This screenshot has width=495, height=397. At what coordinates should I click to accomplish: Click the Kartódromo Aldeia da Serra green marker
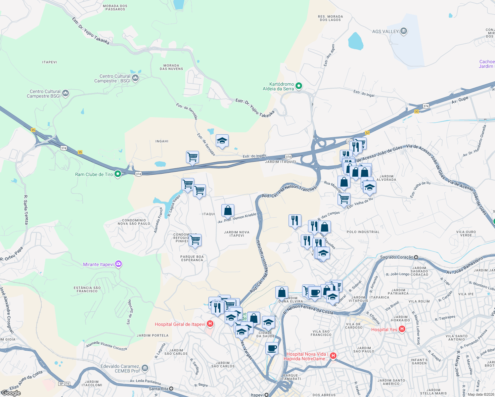298,86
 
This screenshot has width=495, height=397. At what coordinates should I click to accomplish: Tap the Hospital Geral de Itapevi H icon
210,324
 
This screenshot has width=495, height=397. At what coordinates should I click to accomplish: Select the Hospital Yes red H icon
402,329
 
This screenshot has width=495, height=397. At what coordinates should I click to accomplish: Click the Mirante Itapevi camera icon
119,264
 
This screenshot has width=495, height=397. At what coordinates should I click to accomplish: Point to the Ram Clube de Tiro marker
117,174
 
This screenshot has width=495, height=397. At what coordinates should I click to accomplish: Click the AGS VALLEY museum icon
403,31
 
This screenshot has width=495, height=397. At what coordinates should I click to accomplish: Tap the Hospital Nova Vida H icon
333,356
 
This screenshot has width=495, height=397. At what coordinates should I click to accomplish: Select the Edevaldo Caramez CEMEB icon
145,368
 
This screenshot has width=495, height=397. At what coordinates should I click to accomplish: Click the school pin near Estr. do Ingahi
222,141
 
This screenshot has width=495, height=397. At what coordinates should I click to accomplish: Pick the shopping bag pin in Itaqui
228,210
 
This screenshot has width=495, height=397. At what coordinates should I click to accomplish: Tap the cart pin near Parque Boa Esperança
195,240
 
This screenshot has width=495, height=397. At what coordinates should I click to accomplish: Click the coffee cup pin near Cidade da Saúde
272,348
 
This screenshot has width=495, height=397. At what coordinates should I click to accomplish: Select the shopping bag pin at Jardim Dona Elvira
282,293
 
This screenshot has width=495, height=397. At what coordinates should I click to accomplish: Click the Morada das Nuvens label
171,67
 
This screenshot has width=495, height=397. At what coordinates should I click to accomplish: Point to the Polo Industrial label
363,232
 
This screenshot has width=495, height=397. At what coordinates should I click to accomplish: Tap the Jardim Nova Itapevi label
237,234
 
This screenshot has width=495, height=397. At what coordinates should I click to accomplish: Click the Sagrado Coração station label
397,257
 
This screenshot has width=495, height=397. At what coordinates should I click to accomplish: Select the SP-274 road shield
64,384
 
